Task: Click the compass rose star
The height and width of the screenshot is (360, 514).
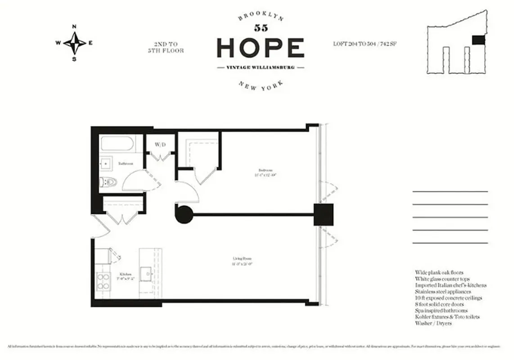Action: pos(74,43)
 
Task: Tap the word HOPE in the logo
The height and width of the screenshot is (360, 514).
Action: pos(260,48)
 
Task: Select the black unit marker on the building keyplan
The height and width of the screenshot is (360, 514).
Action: pos(478,40)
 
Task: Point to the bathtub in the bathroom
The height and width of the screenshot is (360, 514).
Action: pos(117,144)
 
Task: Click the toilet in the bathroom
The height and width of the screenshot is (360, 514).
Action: pos(108,182)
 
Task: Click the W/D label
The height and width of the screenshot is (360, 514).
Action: pos(160,145)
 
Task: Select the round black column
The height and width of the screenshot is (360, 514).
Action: pos(184,214)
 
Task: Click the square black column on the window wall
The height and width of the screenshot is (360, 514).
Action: pos(323,215)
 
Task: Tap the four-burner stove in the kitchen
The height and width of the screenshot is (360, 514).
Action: pos(104,281)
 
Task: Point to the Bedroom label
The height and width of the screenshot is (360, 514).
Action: pos(265,170)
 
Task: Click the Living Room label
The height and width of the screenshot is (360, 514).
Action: pos(242,259)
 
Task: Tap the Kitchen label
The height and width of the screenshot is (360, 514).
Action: pos(125,274)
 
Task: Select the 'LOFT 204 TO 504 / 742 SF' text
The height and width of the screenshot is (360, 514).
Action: pos(365,44)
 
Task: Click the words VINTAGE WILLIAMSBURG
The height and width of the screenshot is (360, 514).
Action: pos(260,67)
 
